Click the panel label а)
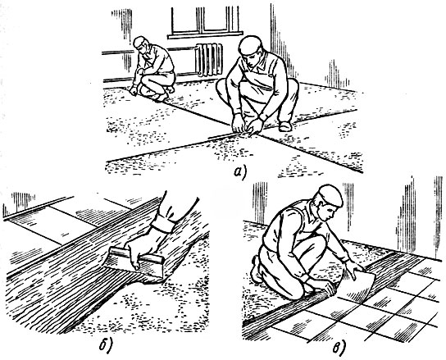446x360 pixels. pyautogui.click(x=240, y=172)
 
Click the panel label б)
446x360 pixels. pyautogui.click(x=107, y=345)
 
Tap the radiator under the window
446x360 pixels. pyautogui.click(x=209, y=59)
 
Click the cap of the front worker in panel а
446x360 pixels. pyautogui.click(x=251, y=44)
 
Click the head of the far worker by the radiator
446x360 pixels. pyautogui.click(x=141, y=45)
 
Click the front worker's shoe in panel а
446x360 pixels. pyautogui.click(x=285, y=126)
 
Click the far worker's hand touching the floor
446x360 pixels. pyautogui.click(x=133, y=91)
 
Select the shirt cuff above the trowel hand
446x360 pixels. pyautogui.click(x=163, y=224)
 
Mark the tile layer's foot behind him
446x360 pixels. pyautogui.click(x=257, y=270)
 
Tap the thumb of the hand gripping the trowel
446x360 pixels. pyautogui.click(x=135, y=262)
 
